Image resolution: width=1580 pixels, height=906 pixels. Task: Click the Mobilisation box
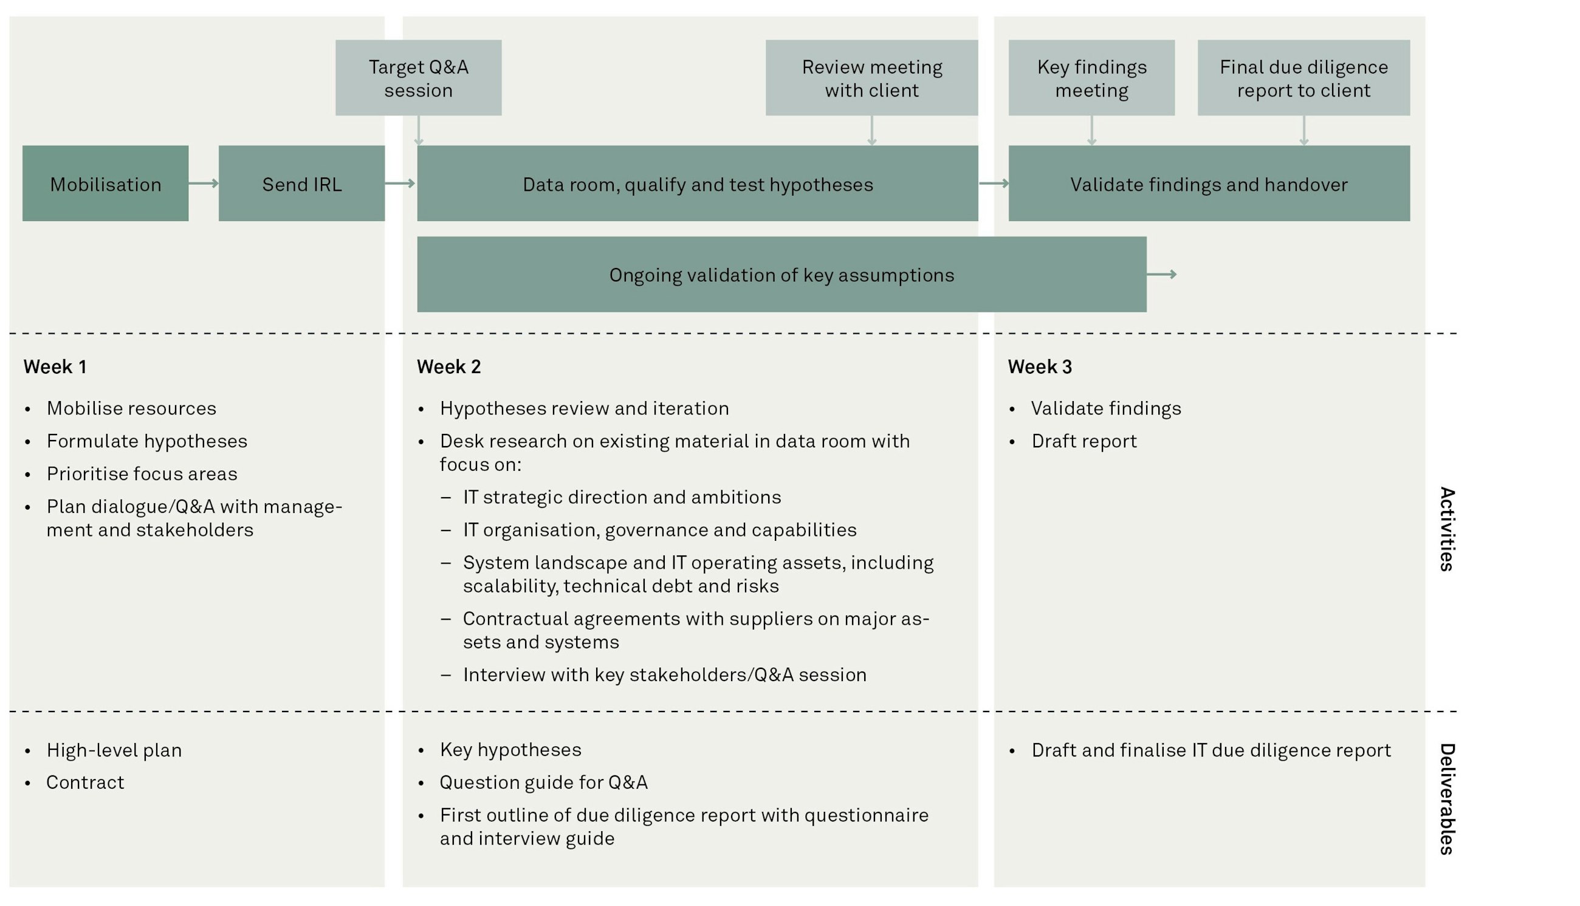pos(105,184)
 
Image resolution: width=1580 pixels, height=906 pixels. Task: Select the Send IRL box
pos(301,184)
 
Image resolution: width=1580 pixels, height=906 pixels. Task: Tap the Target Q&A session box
pos(418,78)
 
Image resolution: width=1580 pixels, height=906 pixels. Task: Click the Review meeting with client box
pos(871,78)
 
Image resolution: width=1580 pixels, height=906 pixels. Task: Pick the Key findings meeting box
pos(1091,78)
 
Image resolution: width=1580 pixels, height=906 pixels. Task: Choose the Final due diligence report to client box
pos(1303,78)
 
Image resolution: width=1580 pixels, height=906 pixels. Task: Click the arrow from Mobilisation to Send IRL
pos(204,183)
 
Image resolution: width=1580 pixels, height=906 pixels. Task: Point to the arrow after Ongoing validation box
pos(1161,275)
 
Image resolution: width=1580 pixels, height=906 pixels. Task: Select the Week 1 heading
pos(55,366)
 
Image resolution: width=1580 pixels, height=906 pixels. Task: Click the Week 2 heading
pos(448,366)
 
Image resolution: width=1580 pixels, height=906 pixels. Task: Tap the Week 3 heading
pos(1039,366)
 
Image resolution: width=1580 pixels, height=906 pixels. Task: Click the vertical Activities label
pos(1447,529)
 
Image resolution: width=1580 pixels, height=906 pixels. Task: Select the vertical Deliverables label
pos(1447,799)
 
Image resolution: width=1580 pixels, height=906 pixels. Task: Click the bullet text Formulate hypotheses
pos(147,441)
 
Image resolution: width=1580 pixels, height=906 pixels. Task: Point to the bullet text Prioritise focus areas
pos(142,474)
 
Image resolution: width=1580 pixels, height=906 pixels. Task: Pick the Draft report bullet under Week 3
pos(1084,441)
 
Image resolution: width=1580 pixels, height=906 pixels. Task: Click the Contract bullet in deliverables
pos(85,782)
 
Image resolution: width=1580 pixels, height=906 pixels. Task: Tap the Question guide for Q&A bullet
pos(543,782)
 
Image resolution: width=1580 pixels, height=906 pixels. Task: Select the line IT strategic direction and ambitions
pos(622,497)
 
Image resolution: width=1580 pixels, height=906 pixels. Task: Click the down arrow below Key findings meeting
pos(1091,131)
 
